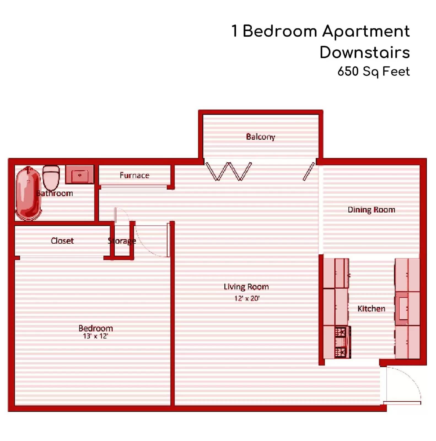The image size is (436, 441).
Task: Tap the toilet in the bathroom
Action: click(x=51, y=178)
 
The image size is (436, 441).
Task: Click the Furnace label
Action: click(x=134, y=175)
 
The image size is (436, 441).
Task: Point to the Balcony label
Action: click(x=260, y=137)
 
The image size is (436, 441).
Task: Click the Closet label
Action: click(x=62, y=241)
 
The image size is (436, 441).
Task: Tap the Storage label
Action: click(x=122, y=241)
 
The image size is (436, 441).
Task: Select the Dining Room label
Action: click(x=371, y=210)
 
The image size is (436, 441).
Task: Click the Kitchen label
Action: click(x=371, y=308)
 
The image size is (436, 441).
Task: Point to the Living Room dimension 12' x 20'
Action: click(x=247, y=298)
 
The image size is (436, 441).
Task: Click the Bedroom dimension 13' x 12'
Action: click(x=95, y=336)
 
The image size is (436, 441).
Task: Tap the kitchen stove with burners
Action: click(x=342, y=342)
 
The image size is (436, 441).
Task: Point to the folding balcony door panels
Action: click(x=228, y=171)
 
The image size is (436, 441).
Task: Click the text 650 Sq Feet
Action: click(x=373, y=71)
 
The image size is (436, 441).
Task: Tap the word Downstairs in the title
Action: click(x=365, y=52)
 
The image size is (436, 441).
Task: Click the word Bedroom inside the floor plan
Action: click(x=96, y=328)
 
